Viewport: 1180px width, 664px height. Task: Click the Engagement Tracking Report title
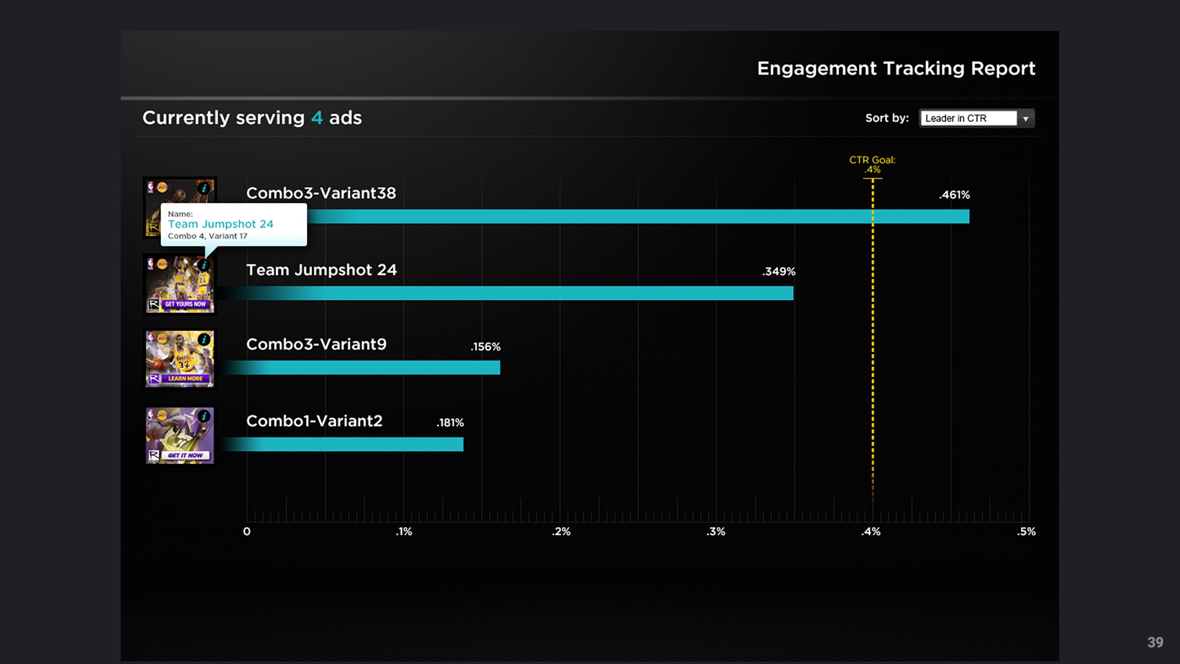coord(896,69)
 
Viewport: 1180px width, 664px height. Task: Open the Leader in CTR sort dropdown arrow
coord(1026,119)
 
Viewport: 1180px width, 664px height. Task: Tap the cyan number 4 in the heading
coord(317,118)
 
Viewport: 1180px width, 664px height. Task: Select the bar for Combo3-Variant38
coord(636,216)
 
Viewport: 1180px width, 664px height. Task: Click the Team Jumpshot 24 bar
coord(507,293)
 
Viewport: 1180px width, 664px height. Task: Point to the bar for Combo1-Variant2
coord(346,444)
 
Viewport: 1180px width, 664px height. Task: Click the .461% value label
coord(954,195)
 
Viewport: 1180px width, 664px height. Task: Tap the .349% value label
coord(779,272)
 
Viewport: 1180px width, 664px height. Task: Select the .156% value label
coord(485,347)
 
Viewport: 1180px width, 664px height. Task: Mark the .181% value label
coord(450,423)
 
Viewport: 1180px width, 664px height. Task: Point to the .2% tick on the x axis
coord(561,532)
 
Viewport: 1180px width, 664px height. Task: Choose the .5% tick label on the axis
coord(1026,532)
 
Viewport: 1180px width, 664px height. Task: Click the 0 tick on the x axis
coord(247,532)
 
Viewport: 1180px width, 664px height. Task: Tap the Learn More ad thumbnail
coord(180,359)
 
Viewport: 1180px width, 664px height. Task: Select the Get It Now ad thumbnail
coord(180,436)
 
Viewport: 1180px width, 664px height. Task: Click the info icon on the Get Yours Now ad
coord(204,265)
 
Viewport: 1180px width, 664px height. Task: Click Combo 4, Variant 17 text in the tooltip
coord(207,236)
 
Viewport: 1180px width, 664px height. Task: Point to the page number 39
coord(1155,642)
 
